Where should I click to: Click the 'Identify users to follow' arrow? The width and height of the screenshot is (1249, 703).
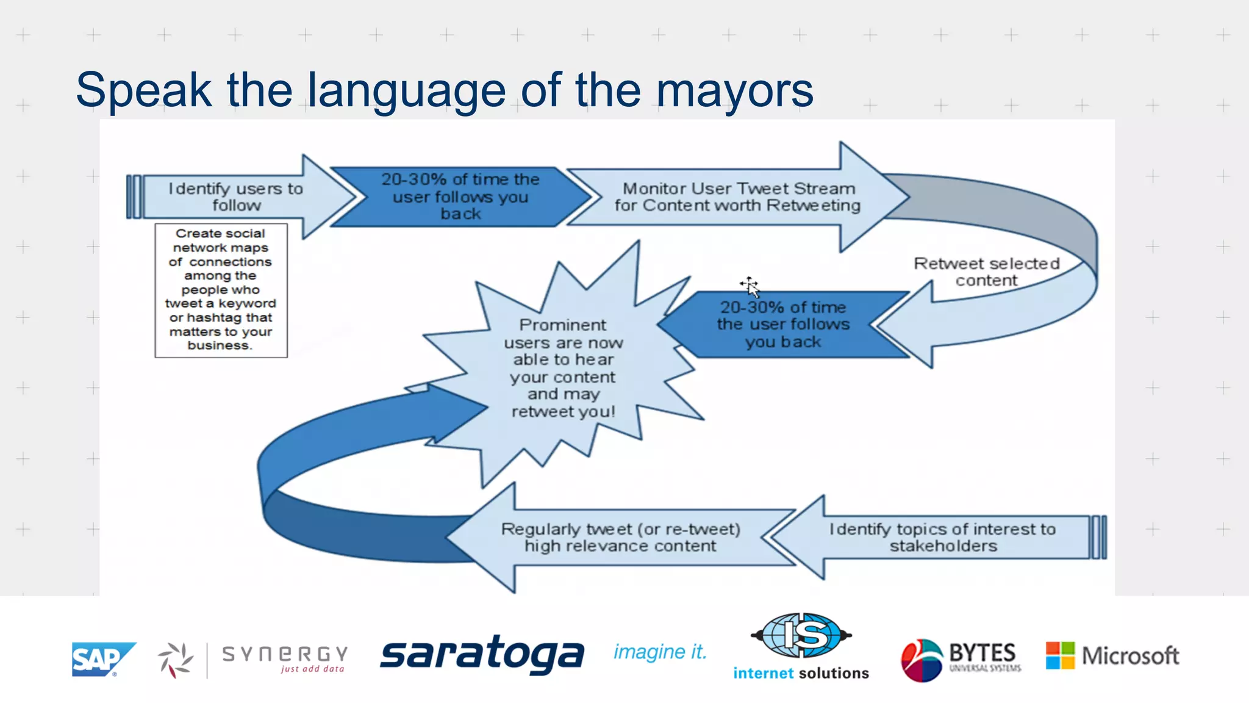pos(235,196)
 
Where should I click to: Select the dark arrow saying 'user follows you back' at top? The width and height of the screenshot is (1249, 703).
pos(460,196)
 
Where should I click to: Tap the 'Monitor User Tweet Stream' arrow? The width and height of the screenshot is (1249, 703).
pos(737,196)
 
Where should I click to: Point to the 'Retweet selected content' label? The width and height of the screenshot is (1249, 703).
pos(986,272)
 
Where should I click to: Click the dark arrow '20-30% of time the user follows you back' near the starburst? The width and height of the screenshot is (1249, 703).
pos(783,324)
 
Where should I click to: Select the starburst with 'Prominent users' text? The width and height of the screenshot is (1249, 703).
pos(563,368)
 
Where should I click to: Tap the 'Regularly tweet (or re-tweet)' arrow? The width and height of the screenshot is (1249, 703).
pos(620,537)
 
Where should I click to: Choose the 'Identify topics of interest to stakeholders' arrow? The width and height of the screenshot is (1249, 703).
pos(942,537)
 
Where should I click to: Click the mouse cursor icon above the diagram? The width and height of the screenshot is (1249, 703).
pos(750,286)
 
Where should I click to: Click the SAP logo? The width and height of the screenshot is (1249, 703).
pos(102,659)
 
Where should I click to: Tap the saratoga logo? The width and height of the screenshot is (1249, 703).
pos(482,654)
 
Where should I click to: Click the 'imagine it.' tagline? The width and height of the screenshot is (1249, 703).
pos(660,652)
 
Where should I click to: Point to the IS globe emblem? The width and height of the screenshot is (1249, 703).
pos(801,635)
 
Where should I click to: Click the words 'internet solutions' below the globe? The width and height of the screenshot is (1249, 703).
pos(801,673)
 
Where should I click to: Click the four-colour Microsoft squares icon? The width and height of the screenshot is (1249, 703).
pos(1060,655)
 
